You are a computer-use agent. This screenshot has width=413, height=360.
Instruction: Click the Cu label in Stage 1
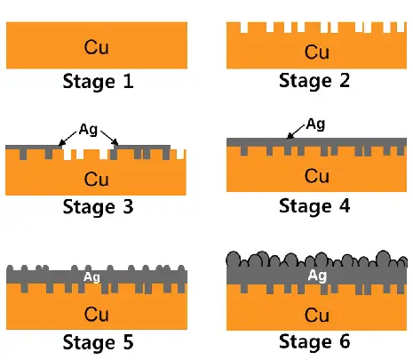click(x=97, y=47)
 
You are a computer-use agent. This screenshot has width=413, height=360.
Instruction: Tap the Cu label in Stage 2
click(x=317, y=52)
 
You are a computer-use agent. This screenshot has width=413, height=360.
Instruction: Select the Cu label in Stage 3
click(x=97, y=179)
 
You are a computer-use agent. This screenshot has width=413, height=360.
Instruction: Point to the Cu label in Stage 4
click(x=317, y=176)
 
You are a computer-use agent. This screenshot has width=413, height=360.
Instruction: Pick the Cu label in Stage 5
click(x=97, y=314)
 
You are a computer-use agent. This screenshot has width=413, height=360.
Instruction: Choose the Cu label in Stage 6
click(x=317, y=315)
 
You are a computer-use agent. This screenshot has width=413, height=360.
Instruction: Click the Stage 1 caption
click(x=98, y=81)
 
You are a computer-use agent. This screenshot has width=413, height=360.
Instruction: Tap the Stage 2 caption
click(x=314, y=81)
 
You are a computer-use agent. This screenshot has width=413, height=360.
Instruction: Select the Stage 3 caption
click(x=98, y=206)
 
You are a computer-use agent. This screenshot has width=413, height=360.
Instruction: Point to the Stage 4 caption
click(x=314, y=206)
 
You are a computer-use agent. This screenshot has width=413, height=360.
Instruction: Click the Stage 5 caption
click(x=98, y=341)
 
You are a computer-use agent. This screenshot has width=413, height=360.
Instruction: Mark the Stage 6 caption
click(x=314, y=341)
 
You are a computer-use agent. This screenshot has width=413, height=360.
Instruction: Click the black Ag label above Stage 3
click(x=88, y=130)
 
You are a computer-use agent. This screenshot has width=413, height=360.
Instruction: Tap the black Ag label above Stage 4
click(x=315, y=124)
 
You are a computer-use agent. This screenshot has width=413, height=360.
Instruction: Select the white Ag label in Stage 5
click(x=91, y=277)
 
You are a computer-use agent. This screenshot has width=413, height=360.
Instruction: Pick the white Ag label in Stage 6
click(x=317, y=276)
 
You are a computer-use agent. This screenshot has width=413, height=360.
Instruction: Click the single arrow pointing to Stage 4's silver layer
click(x=295, y=132)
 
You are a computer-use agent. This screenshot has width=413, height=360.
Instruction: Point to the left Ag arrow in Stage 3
click(x=68, y=138)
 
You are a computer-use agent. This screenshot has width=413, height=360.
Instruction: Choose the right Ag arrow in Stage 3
click(x=109, y=138)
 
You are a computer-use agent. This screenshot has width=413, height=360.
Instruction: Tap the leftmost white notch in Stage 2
click(x=244, y=28)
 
